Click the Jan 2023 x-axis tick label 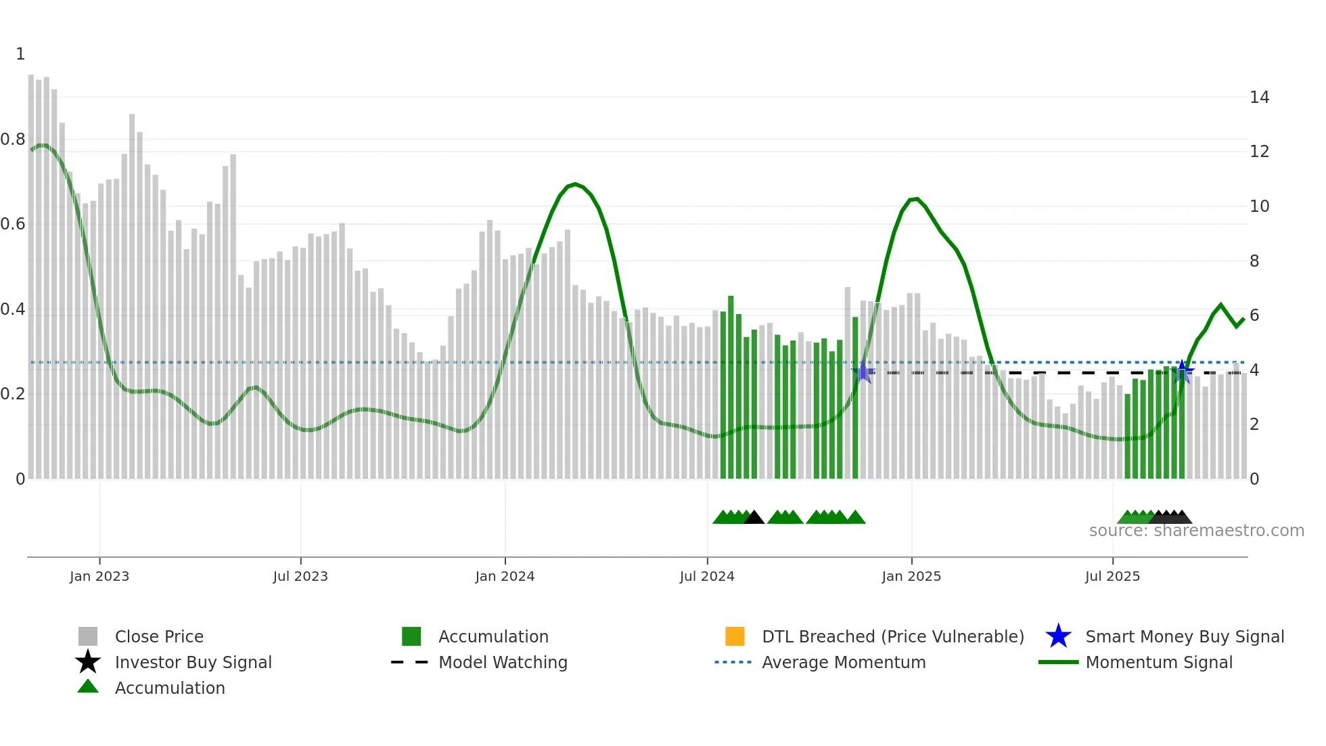pyautogui.click(x=99, y=576)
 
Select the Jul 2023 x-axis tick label pyautogui.click(x=300, y=576)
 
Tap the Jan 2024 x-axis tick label pyautogui.click(x=505, y=576)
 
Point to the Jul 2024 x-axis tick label pyautogui.click(x=707, y=576)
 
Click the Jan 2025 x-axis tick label pyautogui.click(x=911, y=576)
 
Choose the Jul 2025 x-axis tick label pyautogui.click(x=1112, y=576)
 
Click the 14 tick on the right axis pyautogui.click(x=1259, y=97)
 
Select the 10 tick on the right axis pyautogui.click(x=1259, y=206)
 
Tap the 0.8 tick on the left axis pyautogui.click(x=13, y=139)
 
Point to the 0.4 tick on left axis pyautogui.click(x=13, y=309)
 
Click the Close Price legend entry pyautogui.click(x=159, y=636)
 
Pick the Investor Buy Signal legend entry pyautogui.click(x=193, y=662)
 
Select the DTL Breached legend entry pyautogui.click(x=892, y=636)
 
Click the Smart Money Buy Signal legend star pyautogui.click(x=1058, y=636)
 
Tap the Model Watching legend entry pyautogui.click(x=503, y=662)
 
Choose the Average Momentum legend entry pyautogui.click(x=843, y=662)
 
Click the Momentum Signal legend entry pyautogui.click(x=1158, y=662)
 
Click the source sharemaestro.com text pyautogui.click(x=1196, y=531)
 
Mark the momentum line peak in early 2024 pyautogui.click(x=575, y=183)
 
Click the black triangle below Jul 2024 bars pyautogui.click(x=754, y=517)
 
